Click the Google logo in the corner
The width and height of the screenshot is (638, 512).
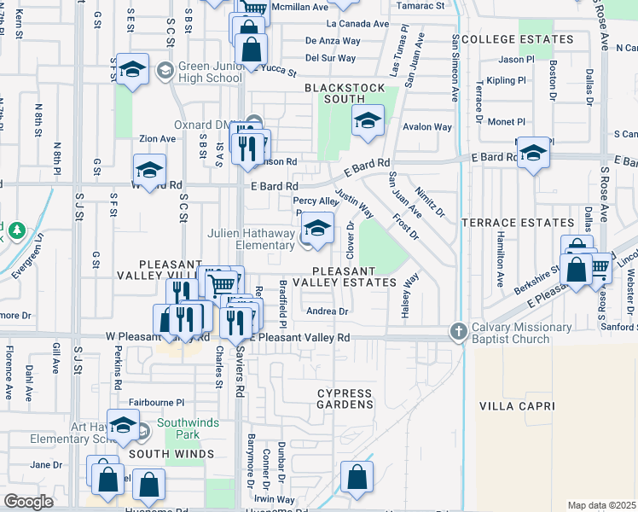coord(28,502)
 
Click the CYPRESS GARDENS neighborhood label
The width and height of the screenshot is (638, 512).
coord(345,399)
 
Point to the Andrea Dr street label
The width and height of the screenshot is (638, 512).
coord(328,311)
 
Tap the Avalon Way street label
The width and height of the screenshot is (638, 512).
coord(427,127)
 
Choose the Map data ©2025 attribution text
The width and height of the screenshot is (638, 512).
coord(600,505)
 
